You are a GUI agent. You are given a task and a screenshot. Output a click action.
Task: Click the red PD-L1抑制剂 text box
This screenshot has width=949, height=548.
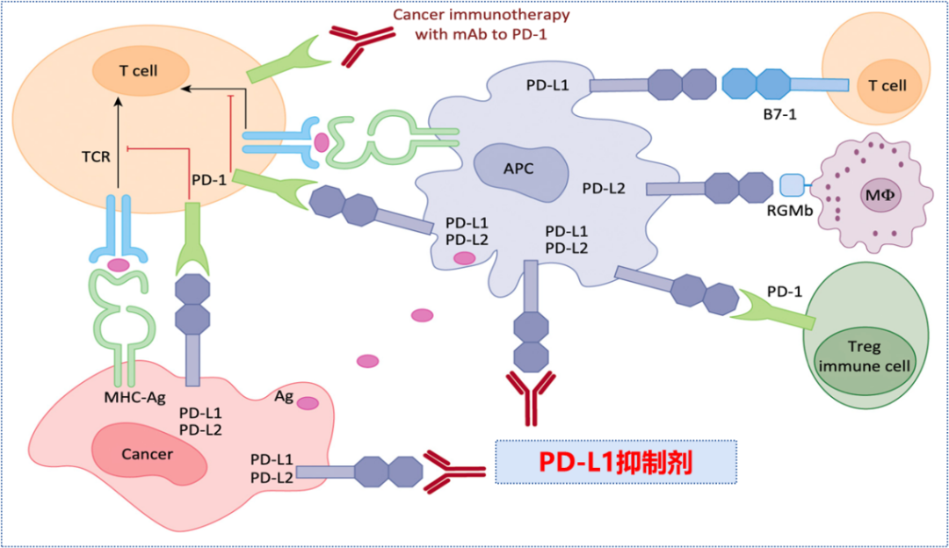(615, 462)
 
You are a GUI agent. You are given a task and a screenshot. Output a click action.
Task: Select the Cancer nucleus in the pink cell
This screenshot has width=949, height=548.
(149, 453)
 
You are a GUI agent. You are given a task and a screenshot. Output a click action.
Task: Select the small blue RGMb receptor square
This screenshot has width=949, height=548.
(792, 185)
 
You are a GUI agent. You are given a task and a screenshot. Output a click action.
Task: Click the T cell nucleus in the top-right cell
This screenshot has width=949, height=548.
(887, 86)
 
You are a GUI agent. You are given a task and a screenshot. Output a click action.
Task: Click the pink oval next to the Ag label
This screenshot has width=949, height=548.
(308, 402)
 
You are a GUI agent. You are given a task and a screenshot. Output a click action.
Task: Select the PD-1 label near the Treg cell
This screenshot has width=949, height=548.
(784, 290)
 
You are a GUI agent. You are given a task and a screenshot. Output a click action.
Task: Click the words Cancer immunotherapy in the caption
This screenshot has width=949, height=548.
(481, 15)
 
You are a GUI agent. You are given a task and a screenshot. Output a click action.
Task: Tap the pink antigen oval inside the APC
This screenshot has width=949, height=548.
(464, 257)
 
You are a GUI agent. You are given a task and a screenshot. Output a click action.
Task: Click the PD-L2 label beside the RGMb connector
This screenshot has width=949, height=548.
(604, 187)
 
